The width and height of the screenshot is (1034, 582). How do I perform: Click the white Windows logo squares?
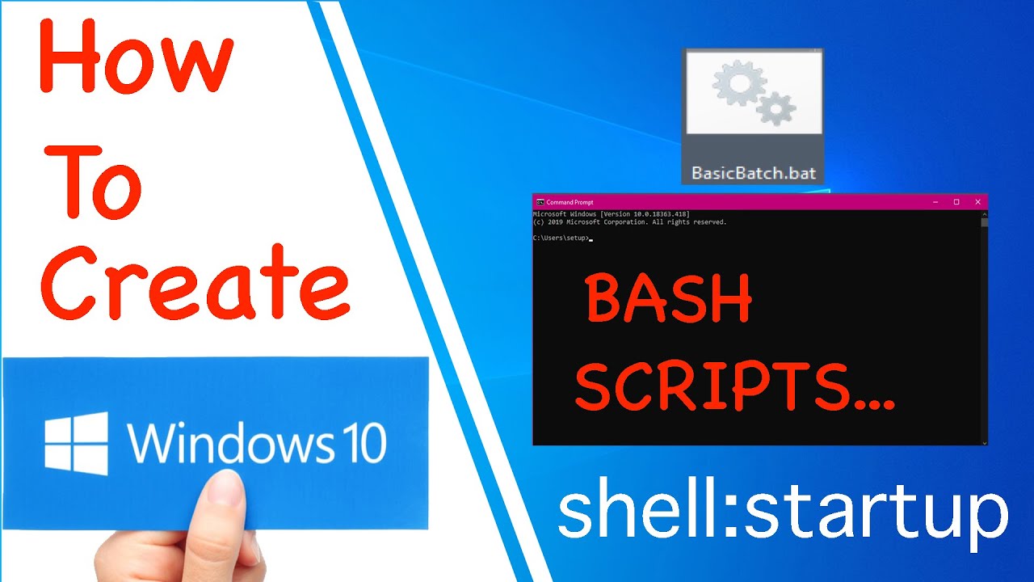tap(76, 443)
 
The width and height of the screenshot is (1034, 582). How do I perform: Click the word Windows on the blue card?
tap(229, 443)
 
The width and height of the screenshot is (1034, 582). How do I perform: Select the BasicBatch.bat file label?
tap(753, 173)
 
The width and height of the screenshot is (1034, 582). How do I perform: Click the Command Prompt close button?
tap(977, 202)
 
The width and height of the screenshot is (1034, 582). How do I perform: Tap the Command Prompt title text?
tap(570, 202)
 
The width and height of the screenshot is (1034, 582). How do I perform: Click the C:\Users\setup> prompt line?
tap(562, 238)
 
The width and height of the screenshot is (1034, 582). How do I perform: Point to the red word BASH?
tap(669, 299)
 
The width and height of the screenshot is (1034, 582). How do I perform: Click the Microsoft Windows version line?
tap(611, 214)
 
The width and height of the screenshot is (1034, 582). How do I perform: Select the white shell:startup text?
tap(782, 512)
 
